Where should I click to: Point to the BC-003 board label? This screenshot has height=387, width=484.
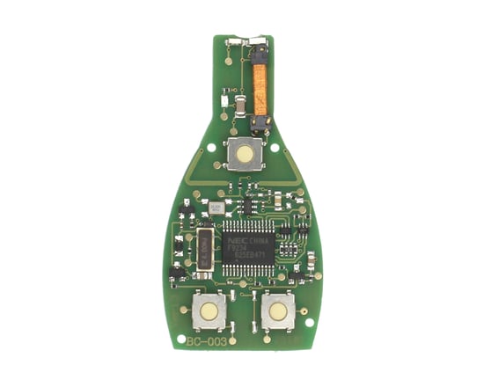[x=207, y=339]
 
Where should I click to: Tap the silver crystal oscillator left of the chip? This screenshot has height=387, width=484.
[x=203, y=249]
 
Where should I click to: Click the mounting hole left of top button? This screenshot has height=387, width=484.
[x=215, y=147]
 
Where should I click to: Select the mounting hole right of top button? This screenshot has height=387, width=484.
[x=275, y=148]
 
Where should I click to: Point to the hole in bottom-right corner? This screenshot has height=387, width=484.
[x=309, y=323]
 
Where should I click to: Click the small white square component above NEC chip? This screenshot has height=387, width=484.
[x=216, y=208]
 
